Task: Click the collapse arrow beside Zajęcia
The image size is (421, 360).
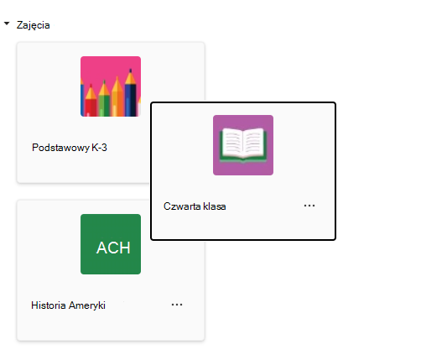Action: point(7,23)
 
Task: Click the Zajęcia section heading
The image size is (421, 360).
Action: point(34,25)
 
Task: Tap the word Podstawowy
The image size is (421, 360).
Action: point(60,148)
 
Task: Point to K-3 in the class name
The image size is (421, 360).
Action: point(99,148)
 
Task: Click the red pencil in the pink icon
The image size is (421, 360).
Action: point(91,102)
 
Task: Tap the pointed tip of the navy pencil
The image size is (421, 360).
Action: point(131,70)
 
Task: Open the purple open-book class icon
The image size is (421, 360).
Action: point(243,145)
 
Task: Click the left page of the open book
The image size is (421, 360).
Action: point(231,143)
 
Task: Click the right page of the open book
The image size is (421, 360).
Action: point(254,143)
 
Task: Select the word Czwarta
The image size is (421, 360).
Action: point(182,206)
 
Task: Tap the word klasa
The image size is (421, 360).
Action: point(215,206)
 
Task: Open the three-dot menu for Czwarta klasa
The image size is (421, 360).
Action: point(309,206)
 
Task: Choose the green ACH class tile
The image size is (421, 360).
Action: point(111,244)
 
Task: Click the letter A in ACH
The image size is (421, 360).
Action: point(101,248)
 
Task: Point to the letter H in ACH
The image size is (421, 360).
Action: point(125,248)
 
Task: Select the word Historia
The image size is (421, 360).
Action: point(49,305)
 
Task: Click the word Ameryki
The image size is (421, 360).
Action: point(87,305)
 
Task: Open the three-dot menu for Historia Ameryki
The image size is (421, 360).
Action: point(177,305)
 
